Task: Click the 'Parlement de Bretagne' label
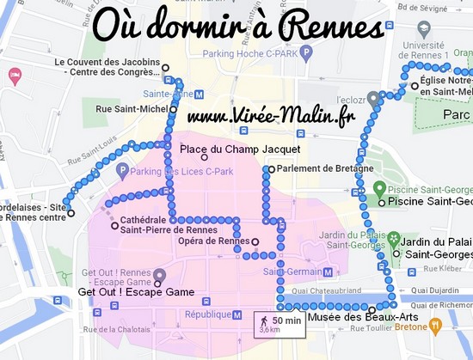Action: (317, 168)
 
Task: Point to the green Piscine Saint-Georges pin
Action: (379, 188)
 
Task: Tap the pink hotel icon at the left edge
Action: (14, 76)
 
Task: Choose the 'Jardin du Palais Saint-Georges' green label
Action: (433, 247)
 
